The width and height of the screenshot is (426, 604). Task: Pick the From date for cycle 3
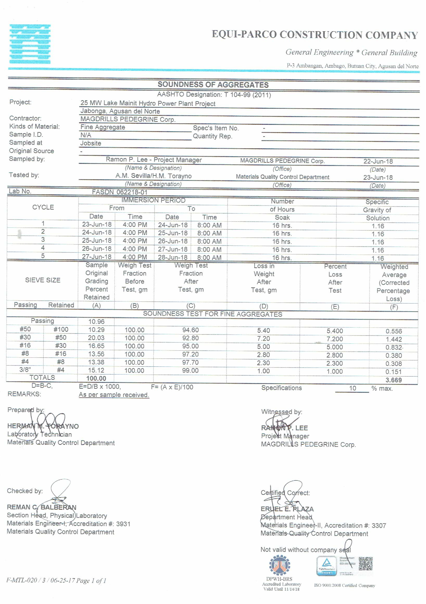click(97, 241)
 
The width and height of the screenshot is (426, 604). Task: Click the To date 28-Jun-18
click(172, 257)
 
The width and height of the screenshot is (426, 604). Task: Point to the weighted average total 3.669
click(393, 380)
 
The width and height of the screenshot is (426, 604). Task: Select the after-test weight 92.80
click(190, 338)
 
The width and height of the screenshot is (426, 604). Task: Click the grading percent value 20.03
click(96, 338)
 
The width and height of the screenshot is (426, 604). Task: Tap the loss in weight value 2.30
click(263, 363)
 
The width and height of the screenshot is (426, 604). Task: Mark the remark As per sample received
click(114, 395)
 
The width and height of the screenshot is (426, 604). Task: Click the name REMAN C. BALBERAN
click(41, 507)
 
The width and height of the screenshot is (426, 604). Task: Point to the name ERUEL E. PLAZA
click(287, 509)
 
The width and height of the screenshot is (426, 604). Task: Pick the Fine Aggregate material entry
click(103, 127)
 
